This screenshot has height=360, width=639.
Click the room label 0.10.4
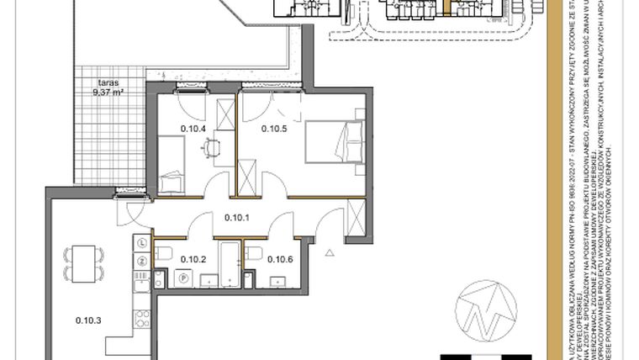click(193, 129)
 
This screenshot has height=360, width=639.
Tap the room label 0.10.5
click(274, 129)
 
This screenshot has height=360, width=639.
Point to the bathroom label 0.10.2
click(193, 259)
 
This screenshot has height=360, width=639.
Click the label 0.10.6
click(279, 259)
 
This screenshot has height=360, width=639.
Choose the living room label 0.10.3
click(88, 320)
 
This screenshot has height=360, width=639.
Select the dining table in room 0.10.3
click(82, 263)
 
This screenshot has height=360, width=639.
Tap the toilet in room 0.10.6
click(254, 253)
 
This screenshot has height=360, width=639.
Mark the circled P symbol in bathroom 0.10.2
click(183, 276)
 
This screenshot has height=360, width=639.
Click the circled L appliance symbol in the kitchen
click(142, 242)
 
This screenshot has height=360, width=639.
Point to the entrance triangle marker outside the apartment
click(330, 251)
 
